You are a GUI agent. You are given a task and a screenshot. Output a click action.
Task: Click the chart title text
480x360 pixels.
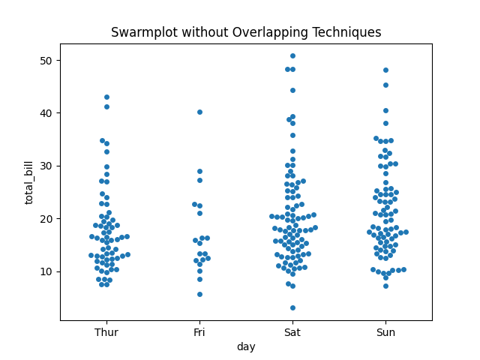coord(246,32)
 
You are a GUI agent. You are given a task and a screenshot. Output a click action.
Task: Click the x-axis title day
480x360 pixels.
coord(246,346)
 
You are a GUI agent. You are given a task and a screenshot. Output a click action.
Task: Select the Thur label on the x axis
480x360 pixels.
coord(106,331)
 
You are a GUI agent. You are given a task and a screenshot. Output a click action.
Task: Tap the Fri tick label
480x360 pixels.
coord(199,331)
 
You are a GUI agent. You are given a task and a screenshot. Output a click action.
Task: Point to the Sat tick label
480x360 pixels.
coord(292,331)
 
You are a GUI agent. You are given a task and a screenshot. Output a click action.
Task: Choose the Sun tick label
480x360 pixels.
coord(385,331)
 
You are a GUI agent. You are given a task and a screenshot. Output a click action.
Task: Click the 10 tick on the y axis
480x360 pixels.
coord(46,271)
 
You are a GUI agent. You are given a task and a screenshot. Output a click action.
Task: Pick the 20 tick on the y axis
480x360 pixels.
coord(46,218)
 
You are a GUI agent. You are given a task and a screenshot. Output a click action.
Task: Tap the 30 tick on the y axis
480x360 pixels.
coord(46,166)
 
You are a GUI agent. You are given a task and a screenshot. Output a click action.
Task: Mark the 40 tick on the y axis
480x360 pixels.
coord(46,113)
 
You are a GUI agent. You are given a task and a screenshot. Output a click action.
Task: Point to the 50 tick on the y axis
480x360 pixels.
coord(46,60)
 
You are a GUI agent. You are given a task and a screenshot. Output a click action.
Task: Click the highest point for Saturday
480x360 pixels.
coord(292,56)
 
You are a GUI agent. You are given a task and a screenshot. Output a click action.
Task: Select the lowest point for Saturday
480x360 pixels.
coord(292,307)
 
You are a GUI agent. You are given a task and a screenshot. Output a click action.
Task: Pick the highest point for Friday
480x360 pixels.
coord(199,112)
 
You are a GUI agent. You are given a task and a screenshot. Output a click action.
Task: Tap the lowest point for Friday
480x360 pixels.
coord(199,294)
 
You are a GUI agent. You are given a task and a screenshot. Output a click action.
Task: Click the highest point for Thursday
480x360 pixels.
coord(106,97)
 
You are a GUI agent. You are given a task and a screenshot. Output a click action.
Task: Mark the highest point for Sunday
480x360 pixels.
coord(385,70)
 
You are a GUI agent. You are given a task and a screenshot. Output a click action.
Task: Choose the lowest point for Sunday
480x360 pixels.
coord(385,286)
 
